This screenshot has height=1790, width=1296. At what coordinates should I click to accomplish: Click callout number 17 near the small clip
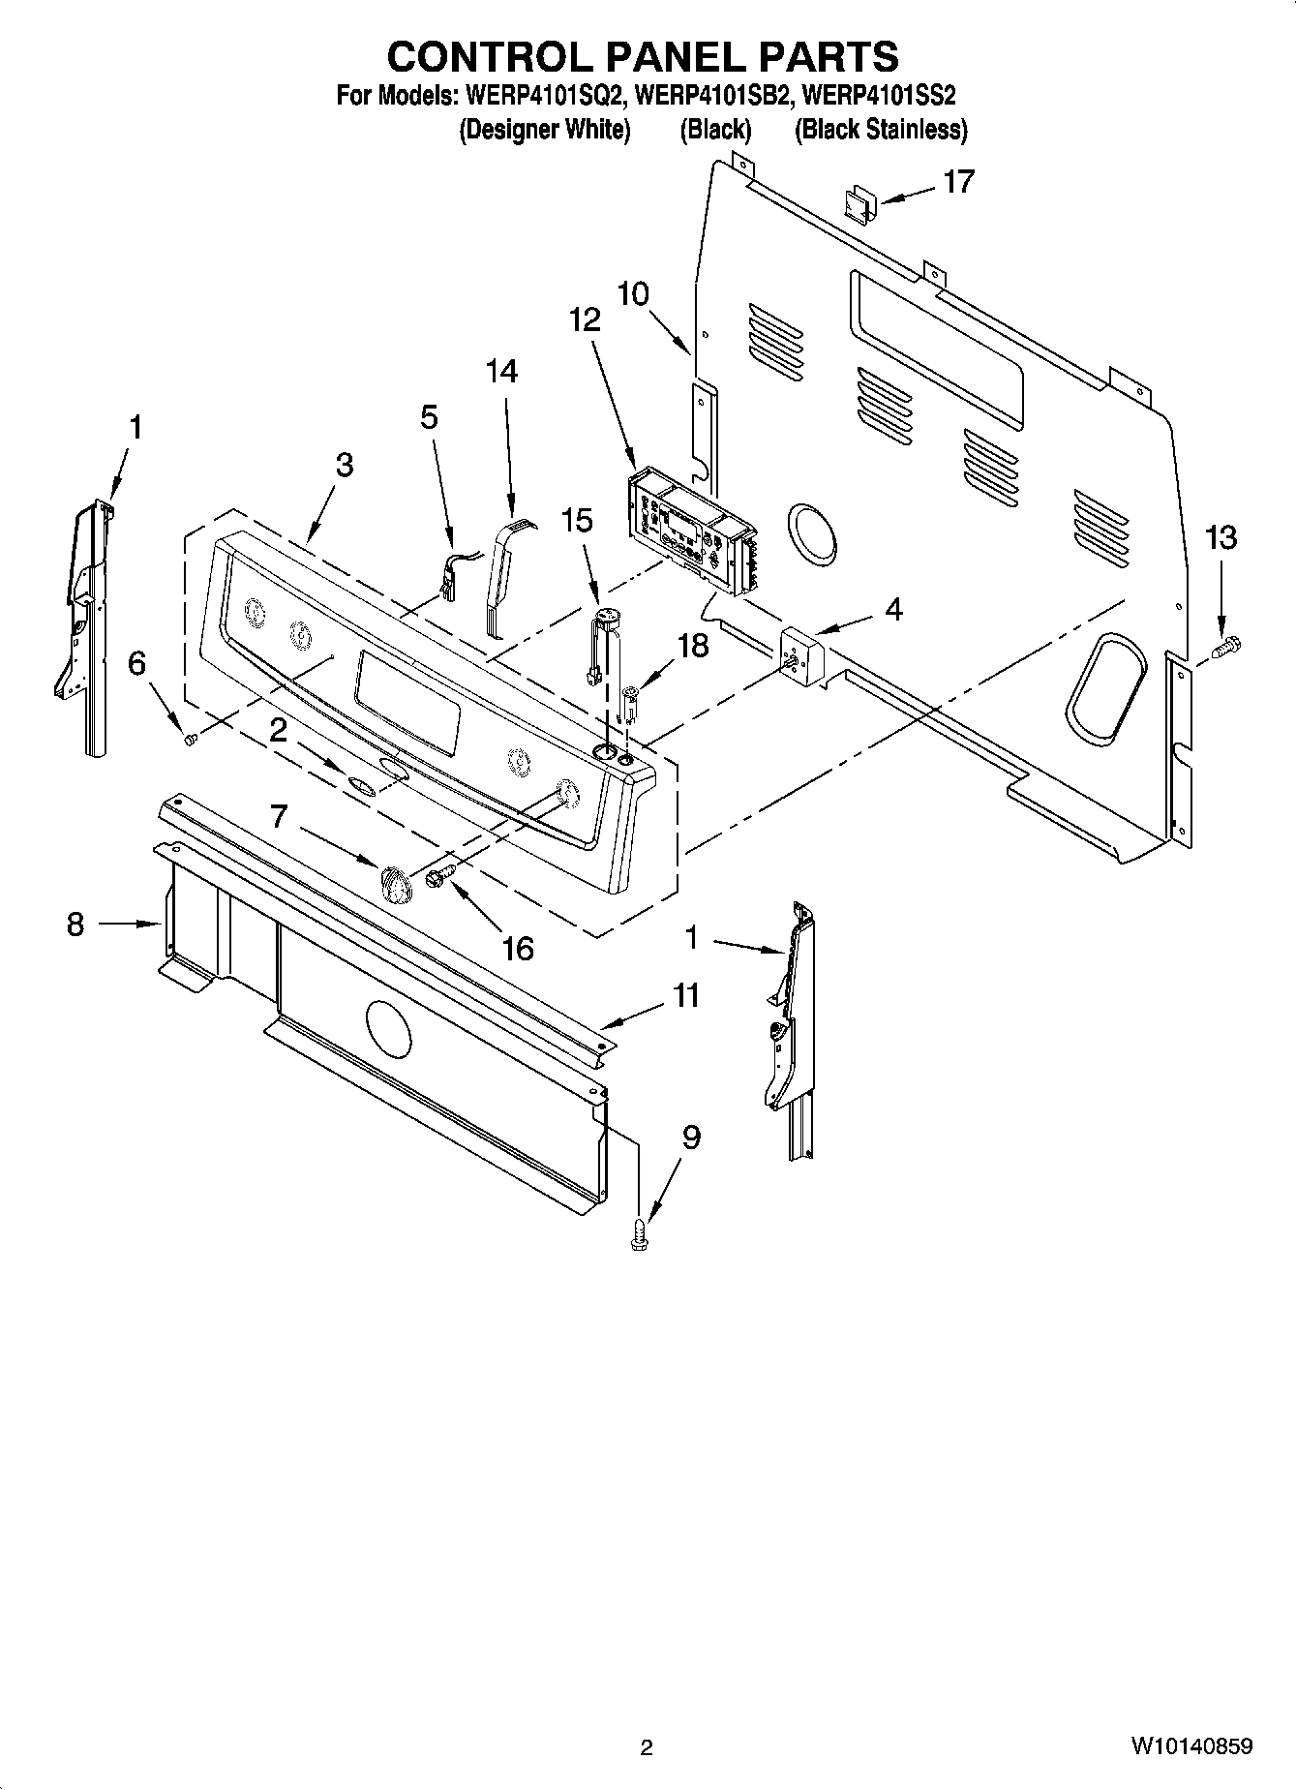point(958,181)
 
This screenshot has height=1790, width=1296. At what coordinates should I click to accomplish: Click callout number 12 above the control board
point(586,319)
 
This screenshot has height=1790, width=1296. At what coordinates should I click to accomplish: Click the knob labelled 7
point(393,882)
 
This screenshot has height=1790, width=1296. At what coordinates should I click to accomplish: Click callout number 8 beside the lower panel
point(75,924)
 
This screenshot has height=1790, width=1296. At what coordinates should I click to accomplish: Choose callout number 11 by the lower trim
point(686,995)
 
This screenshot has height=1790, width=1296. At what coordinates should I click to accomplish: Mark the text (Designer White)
point(545,130)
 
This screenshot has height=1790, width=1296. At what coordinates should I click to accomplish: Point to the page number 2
point(647,1747)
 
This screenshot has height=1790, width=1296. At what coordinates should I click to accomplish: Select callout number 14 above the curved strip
point(501,371)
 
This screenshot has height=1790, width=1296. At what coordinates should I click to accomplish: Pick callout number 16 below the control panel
point(518,948)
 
